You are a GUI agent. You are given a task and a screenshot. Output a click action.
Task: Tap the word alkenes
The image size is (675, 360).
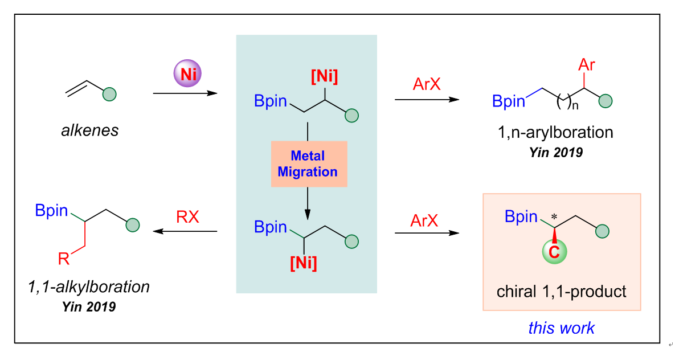pos(90,130)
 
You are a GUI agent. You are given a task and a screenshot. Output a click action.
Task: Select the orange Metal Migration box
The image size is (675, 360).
pos(308,164)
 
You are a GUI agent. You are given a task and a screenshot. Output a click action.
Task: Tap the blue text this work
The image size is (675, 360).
pos(561,328)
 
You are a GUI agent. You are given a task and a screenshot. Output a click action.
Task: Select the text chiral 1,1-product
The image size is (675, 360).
pos(561,292)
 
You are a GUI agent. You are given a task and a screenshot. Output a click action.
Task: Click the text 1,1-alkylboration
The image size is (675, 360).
pos(89,287)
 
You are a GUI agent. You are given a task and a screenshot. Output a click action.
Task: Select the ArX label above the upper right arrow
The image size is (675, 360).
pos(427,85)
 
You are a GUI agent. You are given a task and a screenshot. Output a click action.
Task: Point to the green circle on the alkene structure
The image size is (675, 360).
pos(109,94)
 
